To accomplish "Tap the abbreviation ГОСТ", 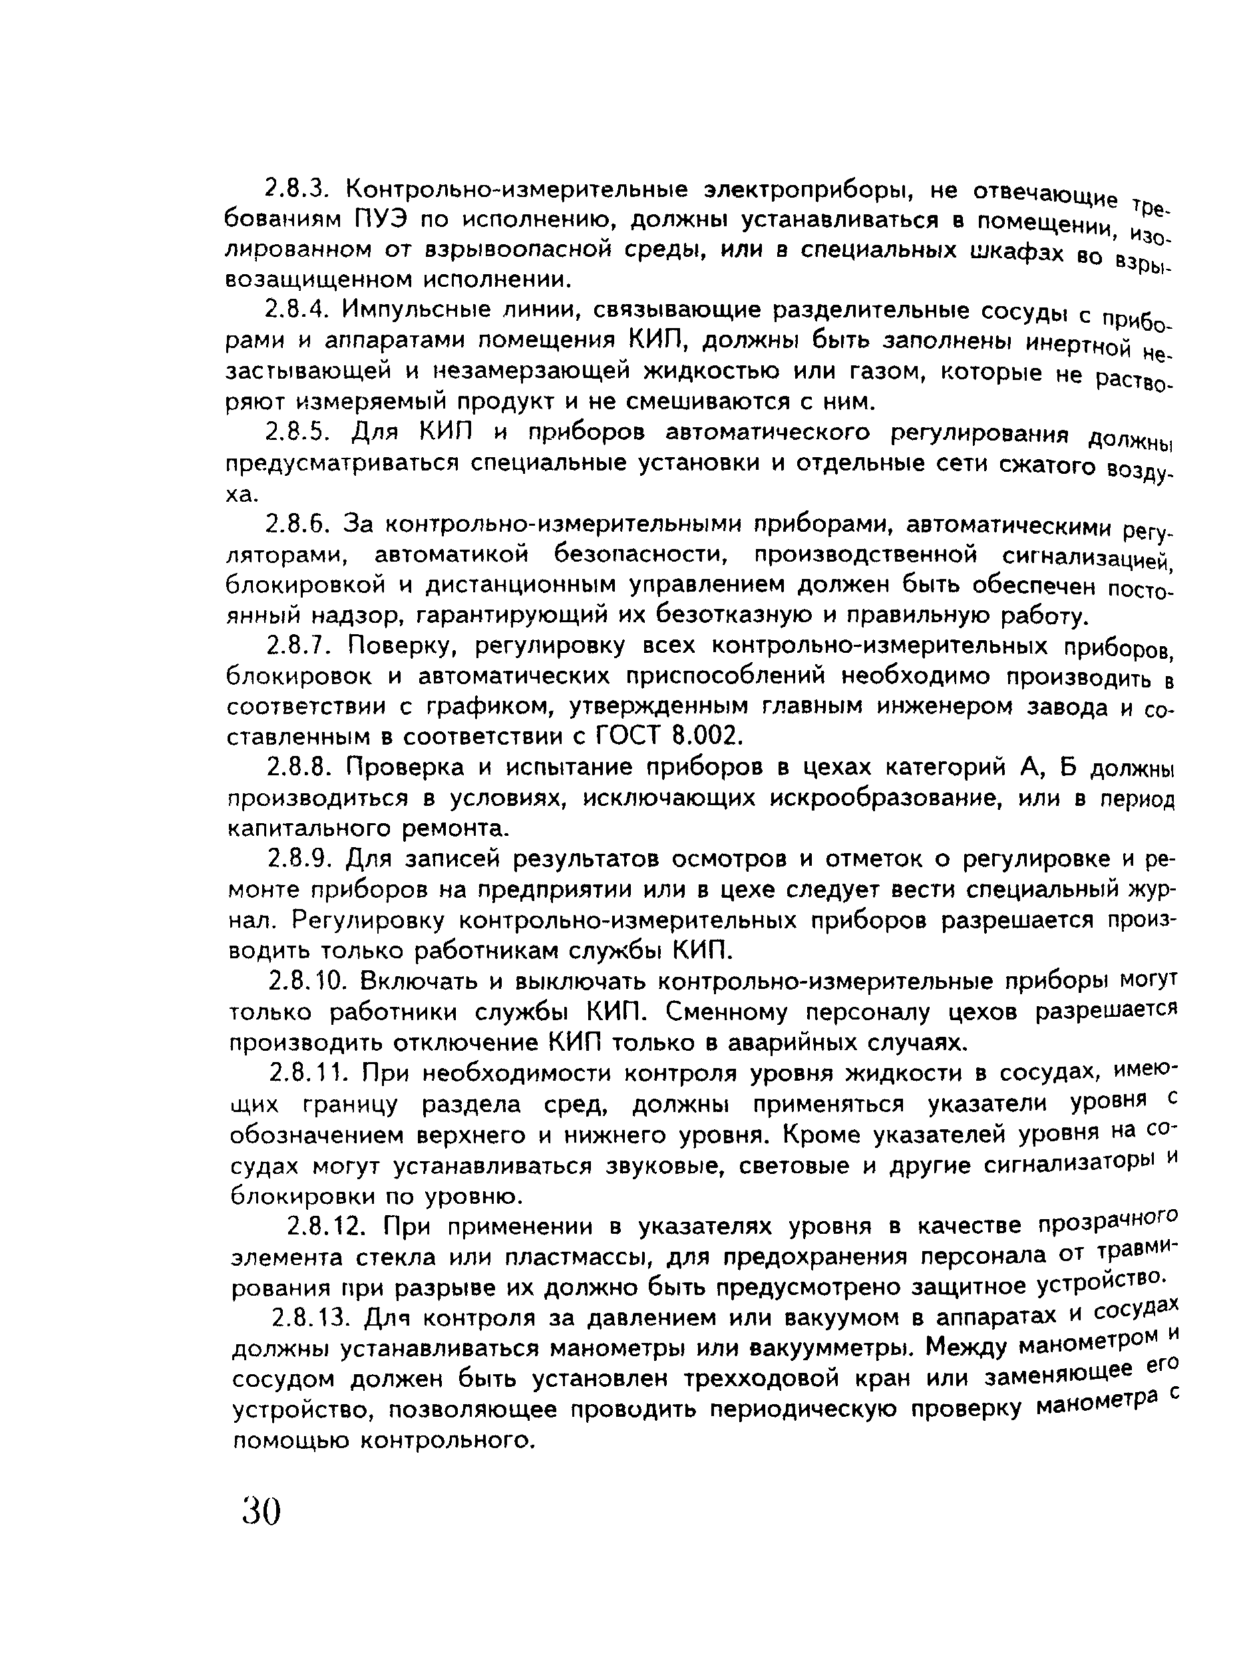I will coord(629,735).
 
